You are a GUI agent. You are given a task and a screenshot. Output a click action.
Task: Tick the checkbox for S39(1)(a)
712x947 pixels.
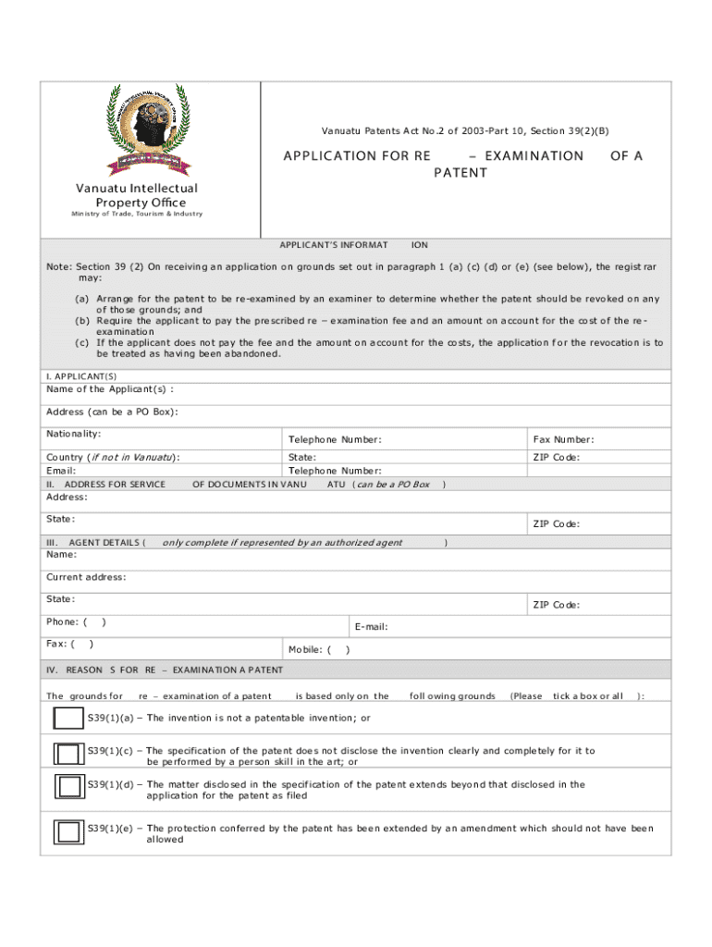(x=68, y=718)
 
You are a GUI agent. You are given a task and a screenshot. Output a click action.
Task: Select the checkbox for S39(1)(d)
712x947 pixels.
(x=68, y=786)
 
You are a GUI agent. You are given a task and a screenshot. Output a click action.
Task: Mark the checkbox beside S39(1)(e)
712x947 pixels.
(x=68, y=831)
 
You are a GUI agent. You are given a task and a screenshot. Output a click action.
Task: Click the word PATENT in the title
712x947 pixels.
(x=460, y=173)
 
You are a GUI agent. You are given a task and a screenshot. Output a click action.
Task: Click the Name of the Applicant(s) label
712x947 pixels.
(x=110, y=388)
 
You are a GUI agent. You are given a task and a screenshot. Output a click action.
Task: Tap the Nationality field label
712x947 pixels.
(x=73, y=434)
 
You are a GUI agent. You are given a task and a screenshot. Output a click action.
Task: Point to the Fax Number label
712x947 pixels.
(x=563, y=439)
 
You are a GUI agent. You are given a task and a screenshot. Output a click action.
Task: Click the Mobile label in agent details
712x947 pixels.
(x=310, y=649)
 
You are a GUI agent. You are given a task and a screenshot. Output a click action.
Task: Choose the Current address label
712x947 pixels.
(x=86, y=577)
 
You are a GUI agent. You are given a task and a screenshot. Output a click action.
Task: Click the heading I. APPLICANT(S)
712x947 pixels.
(x=81, y=376)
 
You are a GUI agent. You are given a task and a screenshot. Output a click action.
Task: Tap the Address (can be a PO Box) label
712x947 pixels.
(x=112, y=412)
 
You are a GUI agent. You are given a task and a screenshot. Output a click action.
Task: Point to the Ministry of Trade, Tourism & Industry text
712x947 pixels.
(x=136, y=215)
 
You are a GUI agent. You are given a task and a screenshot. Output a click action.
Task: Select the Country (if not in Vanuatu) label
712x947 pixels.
(x=113, y=457)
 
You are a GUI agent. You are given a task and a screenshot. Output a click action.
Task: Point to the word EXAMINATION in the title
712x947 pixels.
(x=534, y=156)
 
